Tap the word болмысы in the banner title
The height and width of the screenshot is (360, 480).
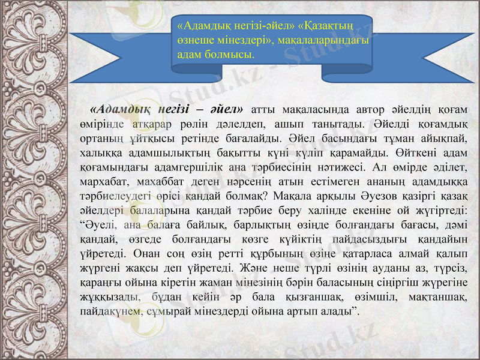pyautogui.click(x=230, y=53)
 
